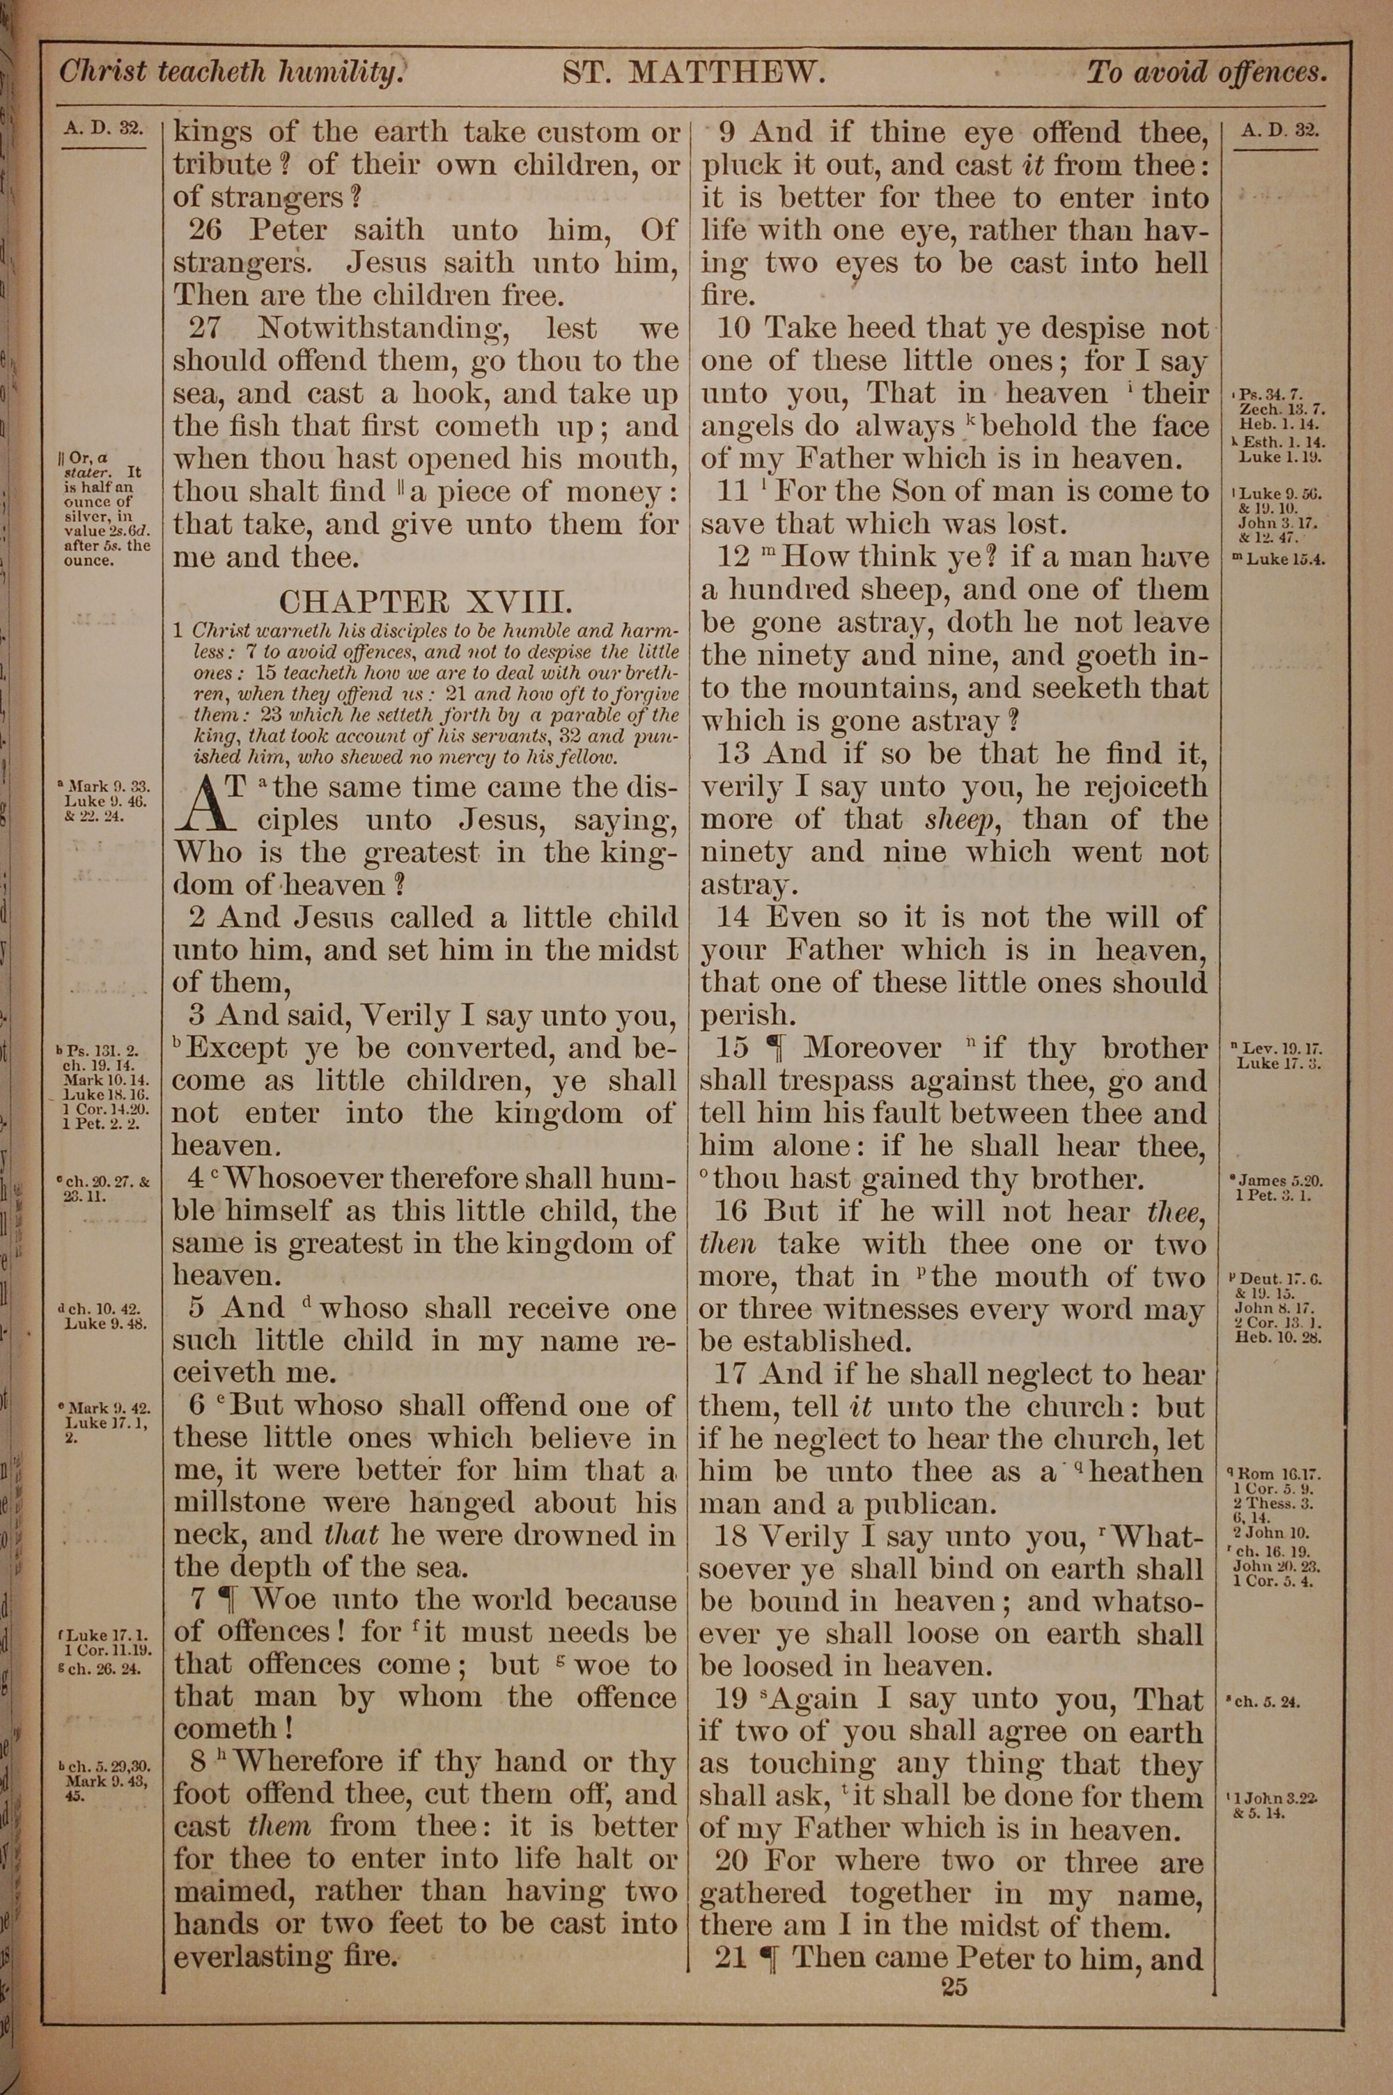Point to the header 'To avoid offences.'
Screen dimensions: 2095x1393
(1206, 72)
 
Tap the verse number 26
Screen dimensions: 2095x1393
(205, 231)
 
